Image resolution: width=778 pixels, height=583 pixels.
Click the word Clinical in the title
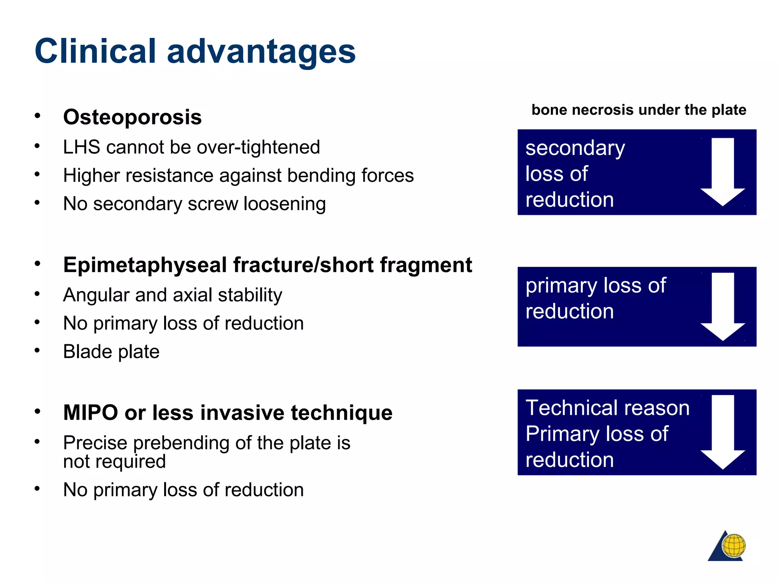pos(95,51)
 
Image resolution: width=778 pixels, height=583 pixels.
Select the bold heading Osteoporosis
pos(132,117)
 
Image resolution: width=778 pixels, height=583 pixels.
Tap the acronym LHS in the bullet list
pos(81,147)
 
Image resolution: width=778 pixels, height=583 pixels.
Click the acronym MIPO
pos(91,413)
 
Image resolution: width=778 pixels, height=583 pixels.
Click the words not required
pos(114,462)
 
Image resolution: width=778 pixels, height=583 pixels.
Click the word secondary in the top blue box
pos(575,148)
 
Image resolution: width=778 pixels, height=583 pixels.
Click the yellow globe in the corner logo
pos(734,545)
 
